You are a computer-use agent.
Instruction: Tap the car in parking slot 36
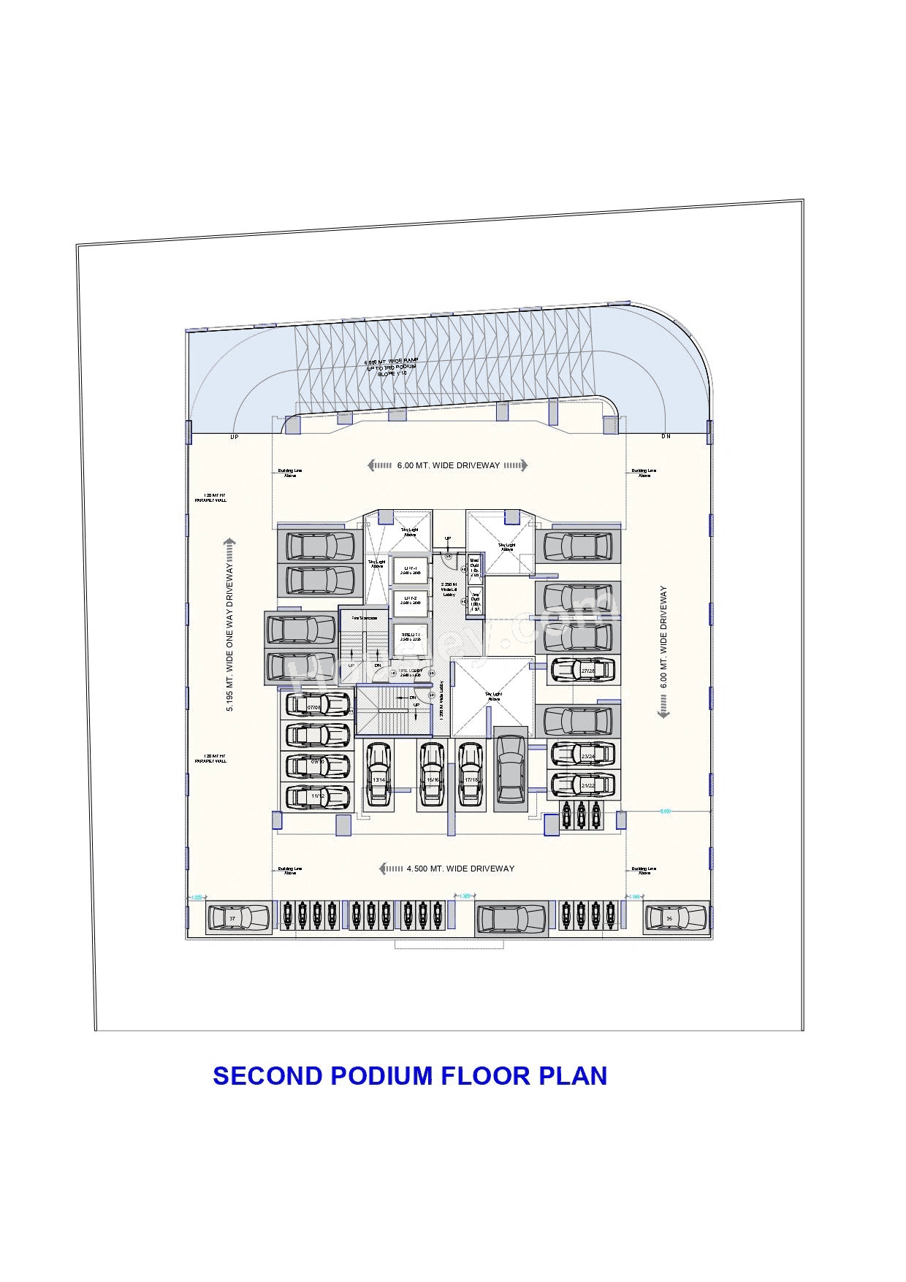676,918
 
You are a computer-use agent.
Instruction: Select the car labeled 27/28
582,669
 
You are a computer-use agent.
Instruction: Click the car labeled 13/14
378,774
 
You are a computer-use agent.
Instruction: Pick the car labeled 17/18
471,774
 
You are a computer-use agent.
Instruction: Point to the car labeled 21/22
582,785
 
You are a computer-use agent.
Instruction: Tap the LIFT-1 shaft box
411,571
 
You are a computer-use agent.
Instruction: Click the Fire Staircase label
365,618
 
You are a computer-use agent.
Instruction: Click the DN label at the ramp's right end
666,436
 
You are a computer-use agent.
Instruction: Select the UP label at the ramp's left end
235,437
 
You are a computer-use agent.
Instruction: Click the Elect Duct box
475,567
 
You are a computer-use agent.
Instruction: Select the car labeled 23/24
582,755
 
